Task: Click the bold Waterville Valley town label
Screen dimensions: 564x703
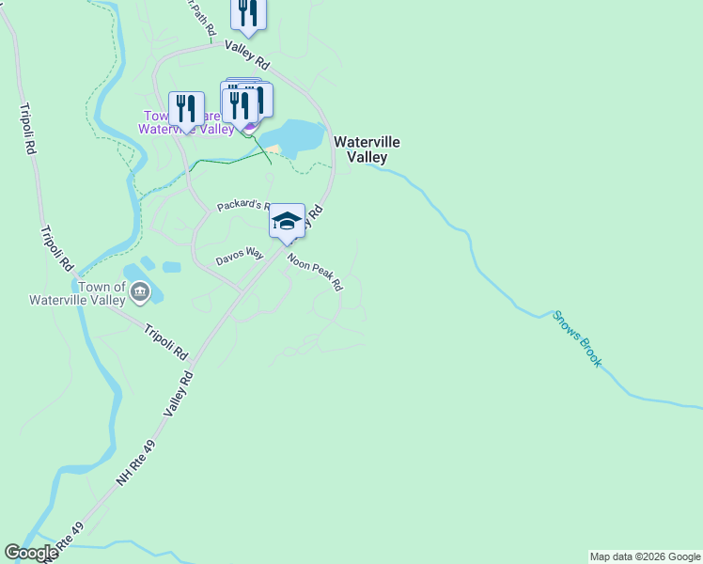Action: click(x=367, y=149)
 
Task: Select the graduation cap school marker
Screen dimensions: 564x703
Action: click(x=287, y=222)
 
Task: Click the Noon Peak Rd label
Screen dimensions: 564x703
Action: click(x=315, y=273)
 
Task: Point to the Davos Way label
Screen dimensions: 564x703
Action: click(x=240, y=255)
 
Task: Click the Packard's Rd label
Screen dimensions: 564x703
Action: click(x=243, y=206)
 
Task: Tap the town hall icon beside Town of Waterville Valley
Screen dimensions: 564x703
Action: click(x=140, y=292)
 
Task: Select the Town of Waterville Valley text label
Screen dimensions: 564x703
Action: click(x=102, y=293)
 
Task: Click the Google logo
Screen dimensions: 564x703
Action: click(x=31, y=553)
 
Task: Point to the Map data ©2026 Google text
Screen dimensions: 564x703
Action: click(x=645, y=556)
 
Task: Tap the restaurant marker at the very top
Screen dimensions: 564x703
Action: click(x=247, y=12)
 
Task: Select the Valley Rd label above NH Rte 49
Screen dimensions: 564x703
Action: click(x=178, y=393)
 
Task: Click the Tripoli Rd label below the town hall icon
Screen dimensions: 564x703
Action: click(x=165, y=343)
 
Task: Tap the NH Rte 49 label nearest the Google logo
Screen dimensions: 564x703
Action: click(x=68, y=540)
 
